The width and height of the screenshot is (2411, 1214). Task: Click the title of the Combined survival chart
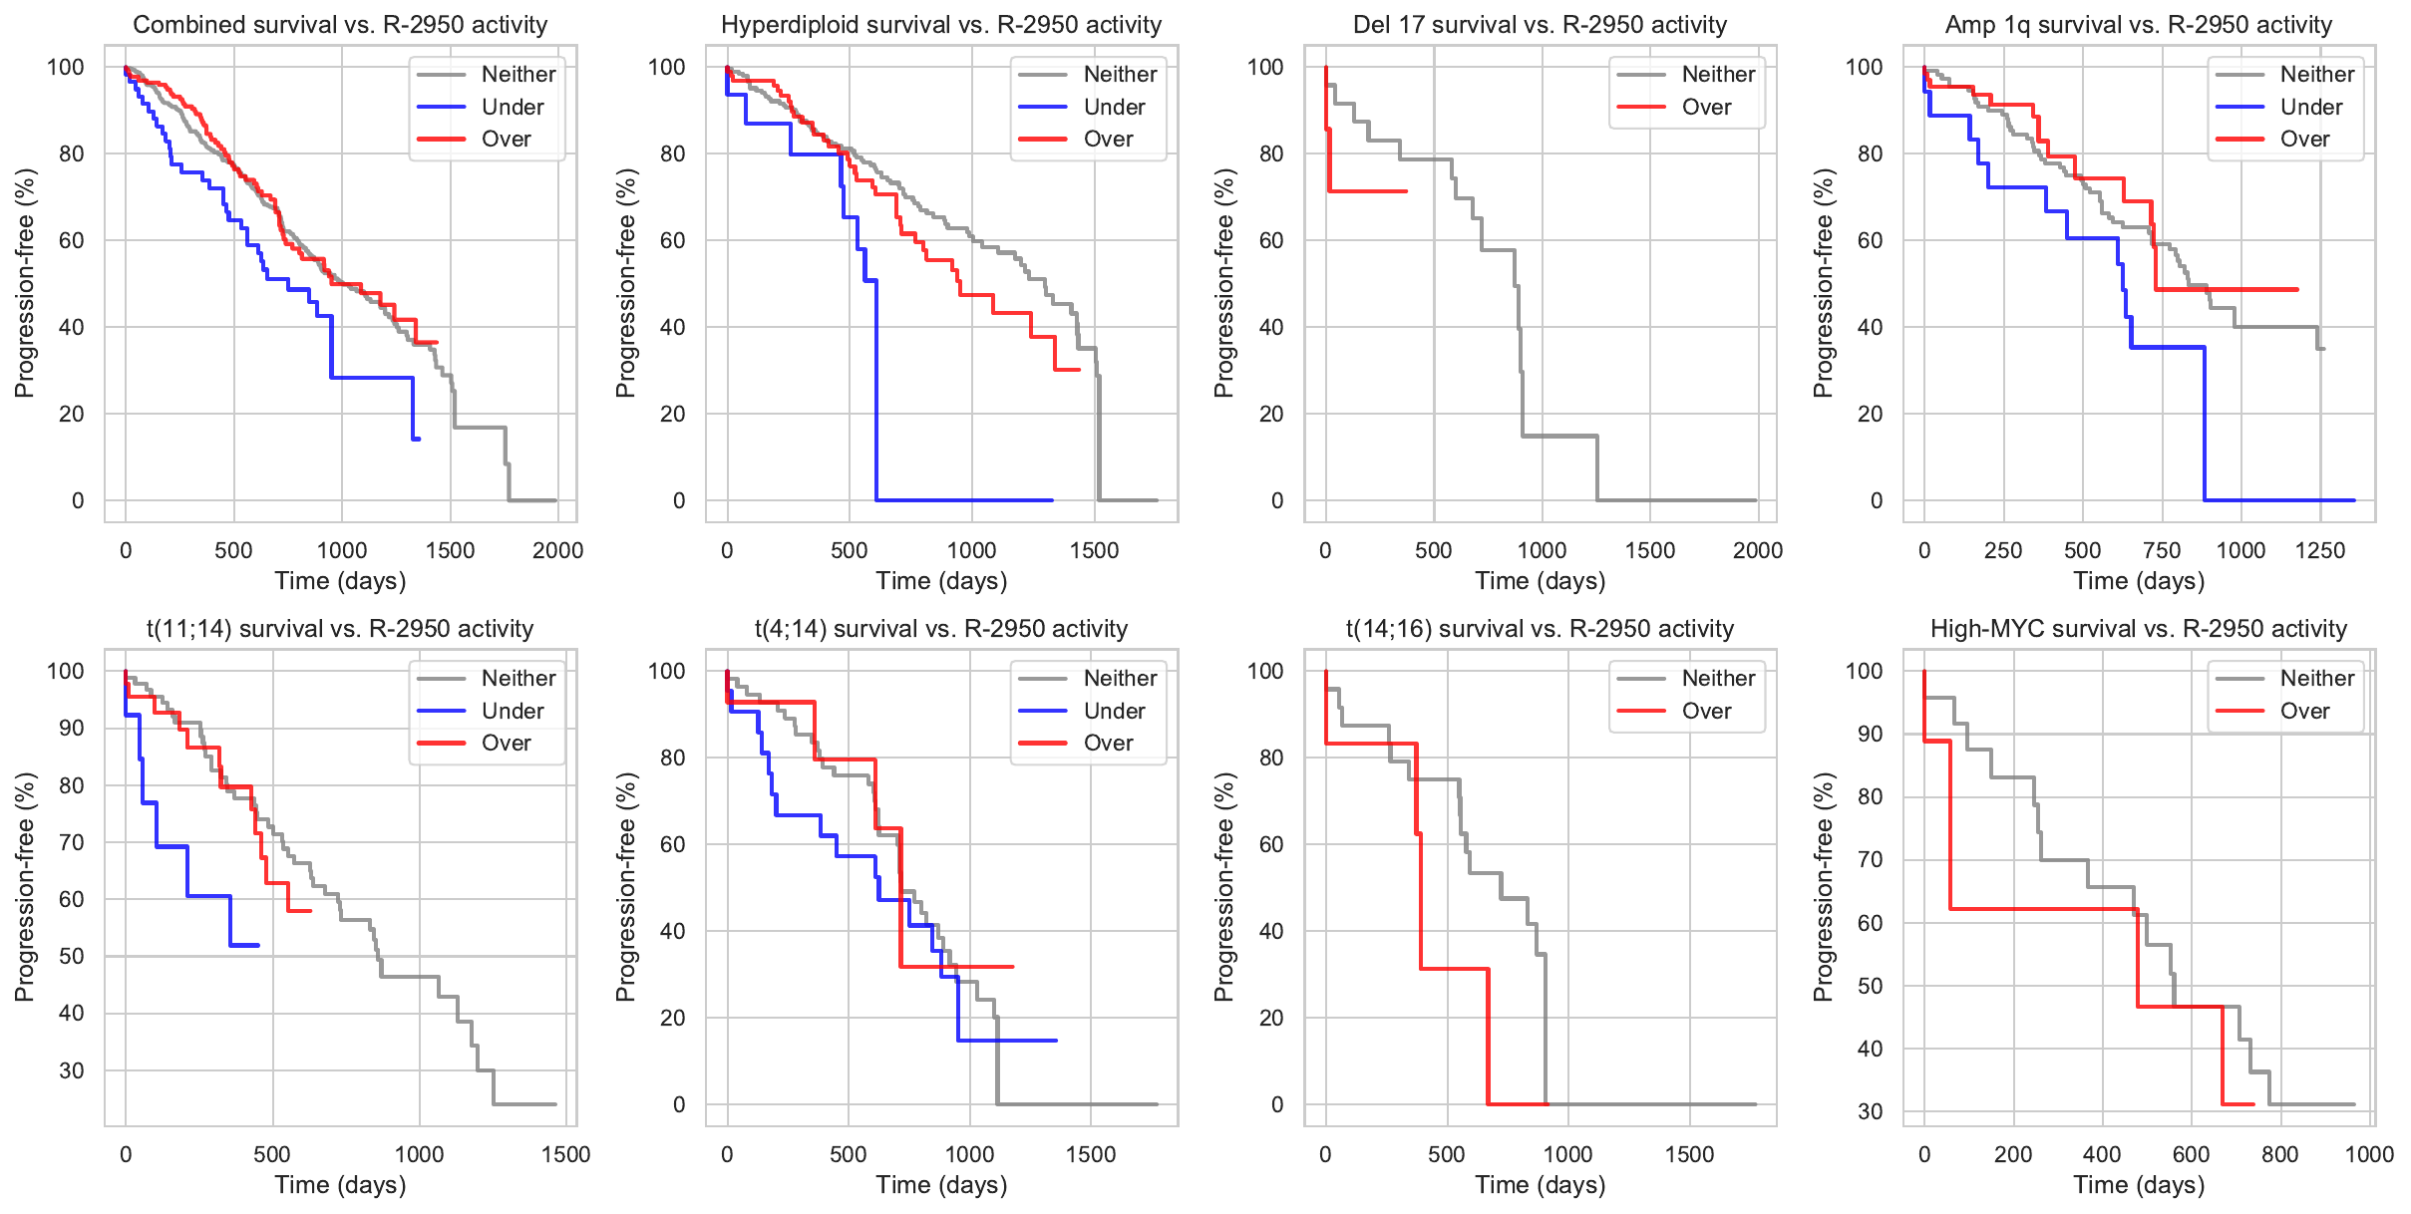tap(340, 25)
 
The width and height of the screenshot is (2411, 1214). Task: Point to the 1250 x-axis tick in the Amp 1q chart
tap(2319, 550)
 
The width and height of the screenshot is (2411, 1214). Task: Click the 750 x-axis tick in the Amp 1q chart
tap(2162, 550)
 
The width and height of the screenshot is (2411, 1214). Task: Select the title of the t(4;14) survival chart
tap(940, 629)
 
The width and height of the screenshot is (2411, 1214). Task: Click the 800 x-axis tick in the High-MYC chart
tap(2279, 1154)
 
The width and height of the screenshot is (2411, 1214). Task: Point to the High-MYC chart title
tap(2138, 629)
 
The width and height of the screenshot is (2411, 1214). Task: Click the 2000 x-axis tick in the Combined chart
tap(557, 550)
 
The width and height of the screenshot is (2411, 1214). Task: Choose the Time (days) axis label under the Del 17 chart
tap(1540, 581)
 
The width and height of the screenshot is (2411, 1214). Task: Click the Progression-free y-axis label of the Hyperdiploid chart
tap(625, 283)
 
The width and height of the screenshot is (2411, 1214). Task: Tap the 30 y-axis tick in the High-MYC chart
tap(1870, 1111)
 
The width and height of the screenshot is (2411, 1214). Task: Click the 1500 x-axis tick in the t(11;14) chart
tap(565, 1154)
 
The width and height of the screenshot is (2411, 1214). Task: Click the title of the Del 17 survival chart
tap(1540, 25)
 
